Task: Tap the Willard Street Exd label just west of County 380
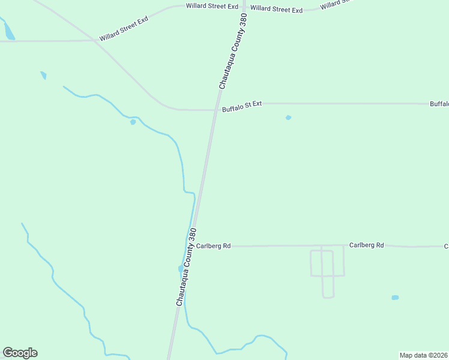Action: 212,6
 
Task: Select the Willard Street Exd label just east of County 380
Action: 276,9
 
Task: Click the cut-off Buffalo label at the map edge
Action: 439,104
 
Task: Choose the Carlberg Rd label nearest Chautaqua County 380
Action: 213,246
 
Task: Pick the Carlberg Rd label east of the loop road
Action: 366,245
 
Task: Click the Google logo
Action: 20,353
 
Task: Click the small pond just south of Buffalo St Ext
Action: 288,118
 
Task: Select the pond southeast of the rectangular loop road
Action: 394,298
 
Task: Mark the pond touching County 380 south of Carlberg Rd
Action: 180,268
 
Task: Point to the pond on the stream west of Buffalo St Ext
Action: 133,122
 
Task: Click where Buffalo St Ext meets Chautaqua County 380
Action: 214,110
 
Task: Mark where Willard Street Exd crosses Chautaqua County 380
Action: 243,8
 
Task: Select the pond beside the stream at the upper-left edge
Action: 9,32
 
